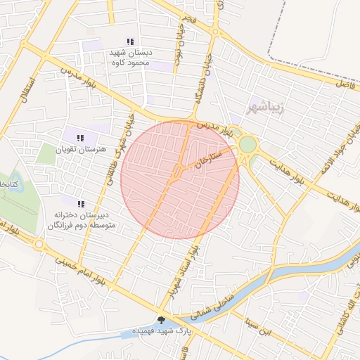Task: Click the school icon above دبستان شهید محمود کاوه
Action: [x=129, y=42]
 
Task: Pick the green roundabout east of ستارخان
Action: [x=247, y=145]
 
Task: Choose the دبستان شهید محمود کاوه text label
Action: [x=129, y=58]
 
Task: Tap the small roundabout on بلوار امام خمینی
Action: [x=39, y=244]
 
